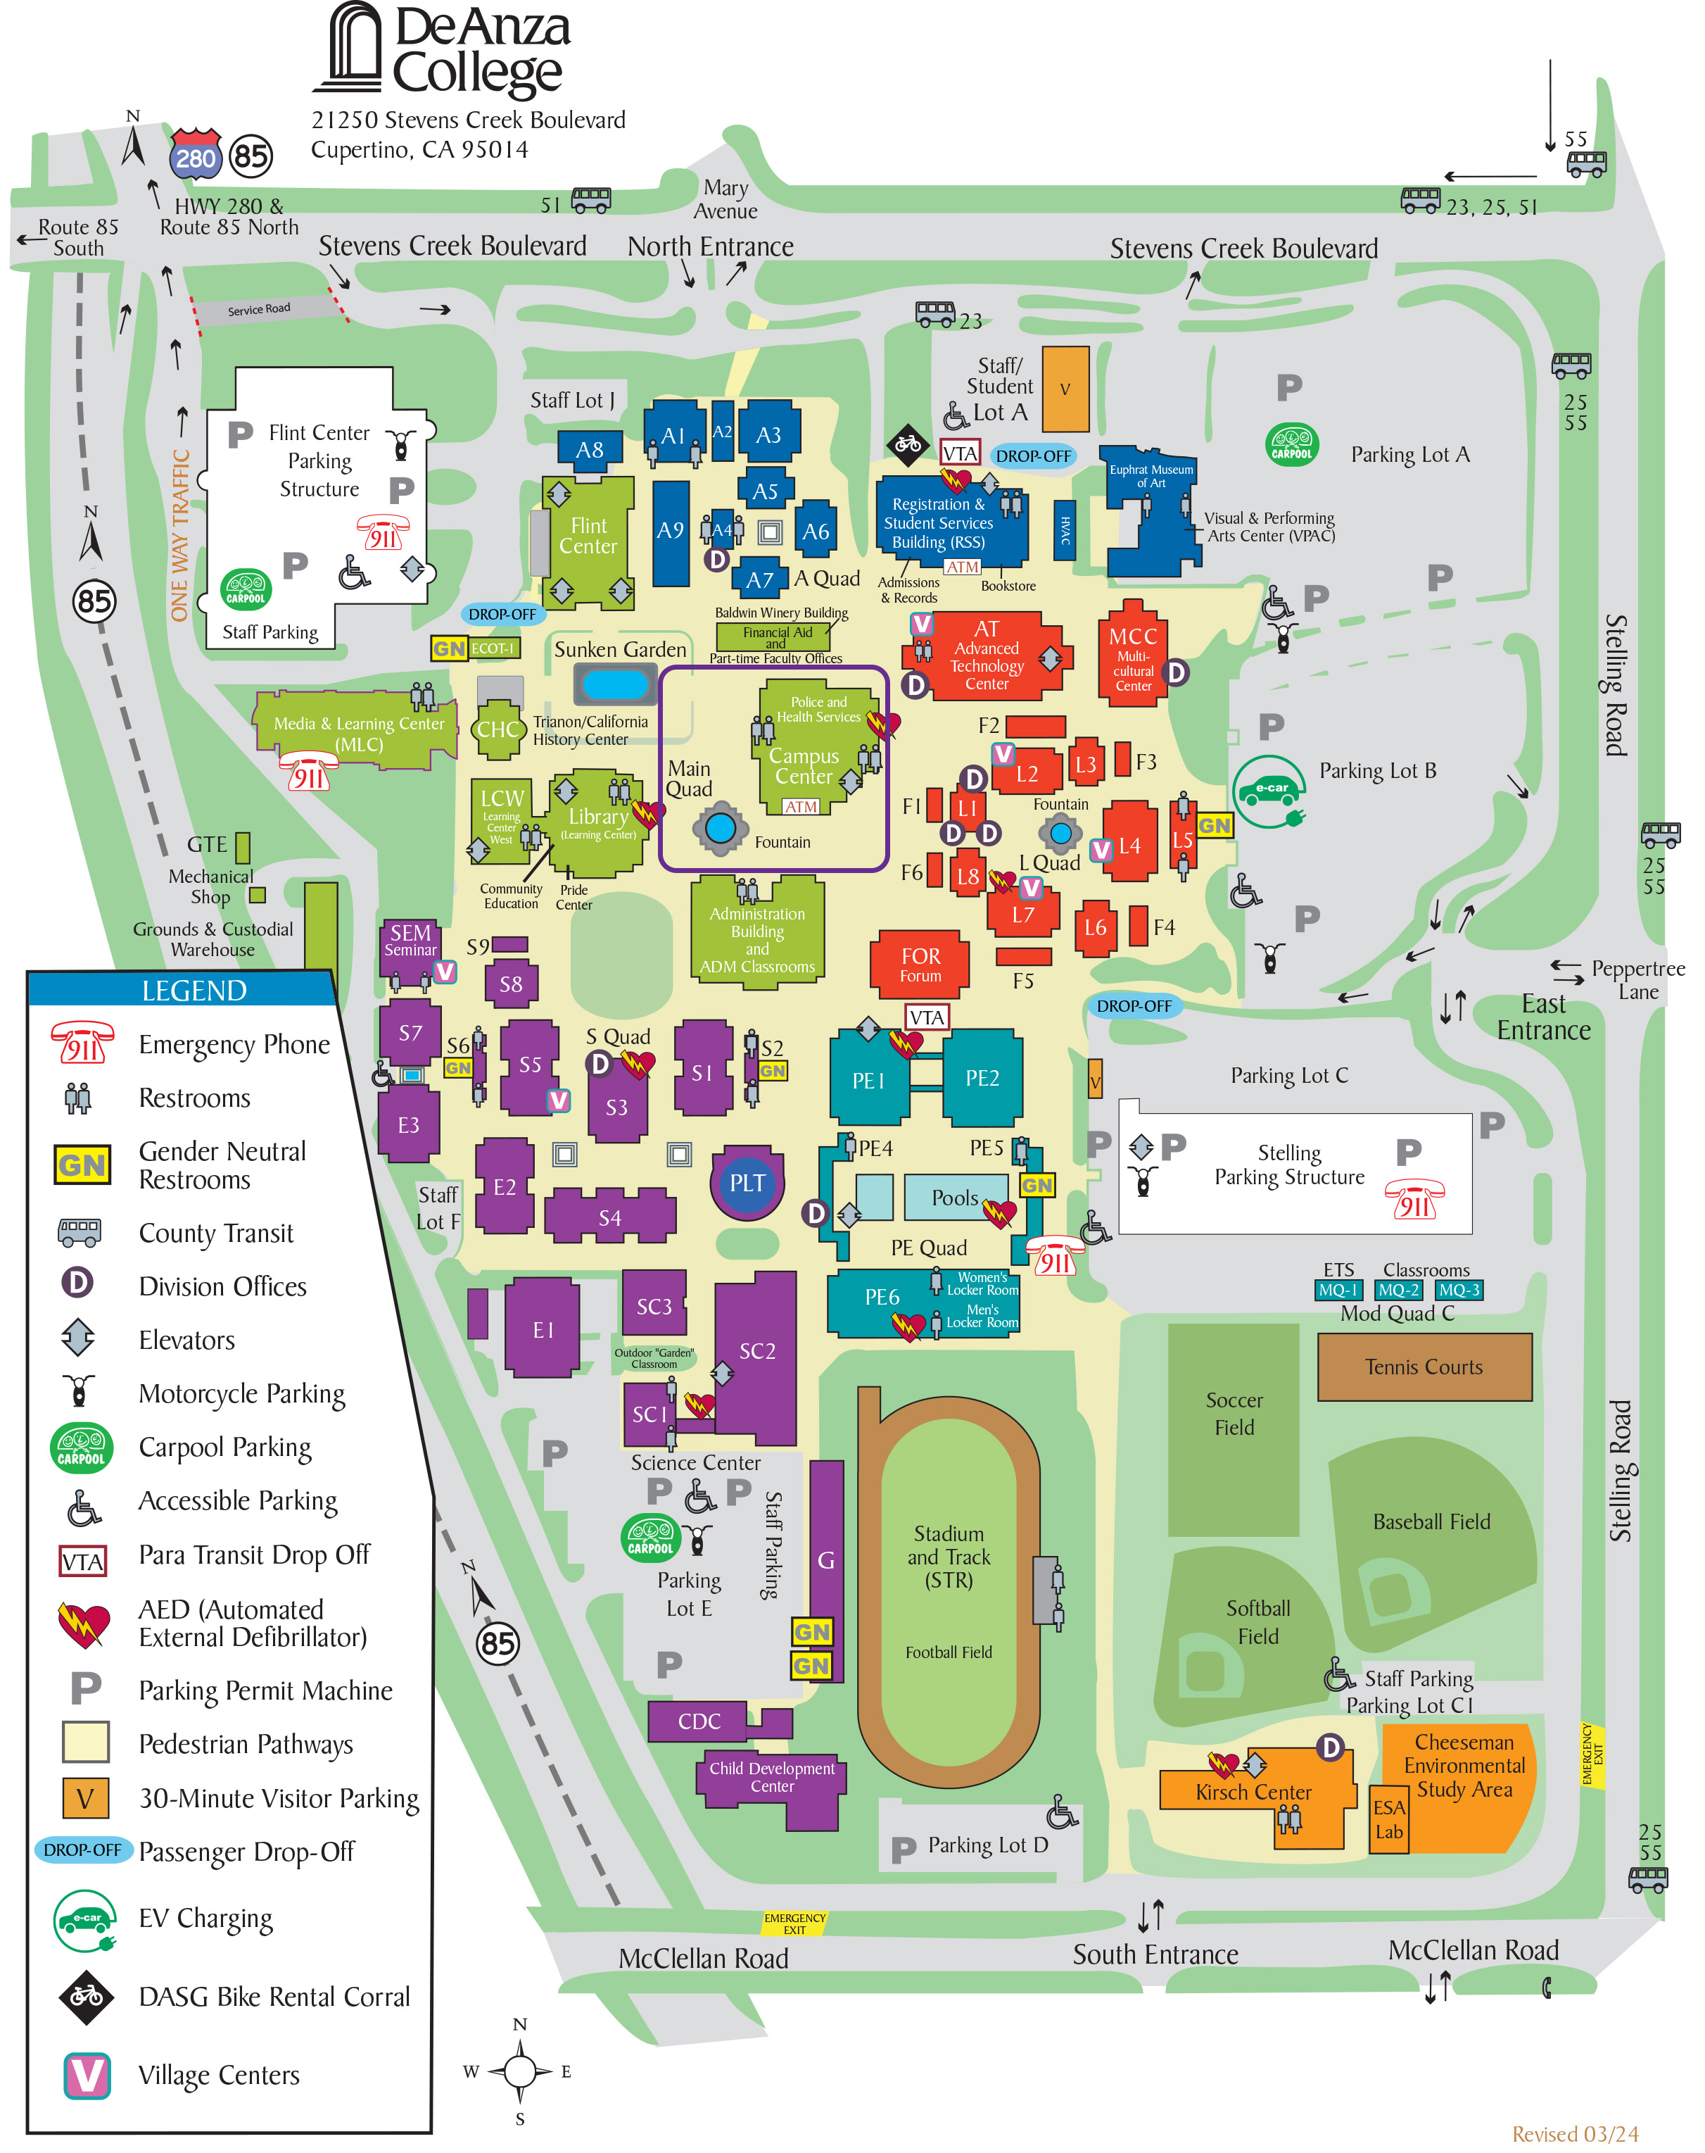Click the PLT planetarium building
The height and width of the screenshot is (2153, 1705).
[747, 1184]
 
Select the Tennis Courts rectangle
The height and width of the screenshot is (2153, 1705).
[1424, 1366]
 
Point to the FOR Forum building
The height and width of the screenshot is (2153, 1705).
[920, 964]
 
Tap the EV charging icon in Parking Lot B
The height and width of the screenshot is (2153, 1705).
[1269, 791]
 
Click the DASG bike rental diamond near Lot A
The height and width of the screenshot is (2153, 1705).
[908, 444]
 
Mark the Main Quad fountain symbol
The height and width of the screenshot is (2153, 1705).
[720, 828]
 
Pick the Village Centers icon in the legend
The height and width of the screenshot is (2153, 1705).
[86, 2075]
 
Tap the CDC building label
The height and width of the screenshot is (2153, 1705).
[699, 1721]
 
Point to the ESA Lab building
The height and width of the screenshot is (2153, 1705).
[1388, 1819]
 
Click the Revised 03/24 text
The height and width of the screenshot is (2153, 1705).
[1574, 2134]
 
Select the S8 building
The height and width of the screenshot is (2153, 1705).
[511, 984]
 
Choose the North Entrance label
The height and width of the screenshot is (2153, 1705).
[710, 246]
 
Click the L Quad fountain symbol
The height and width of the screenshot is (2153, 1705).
[1060, 832]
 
